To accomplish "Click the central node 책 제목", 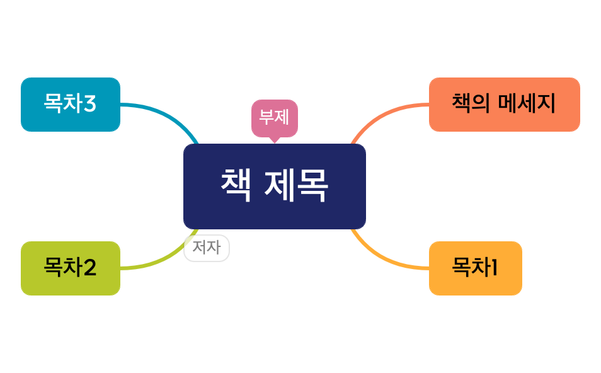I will click(274, 186).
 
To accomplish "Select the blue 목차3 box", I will click(70, 105).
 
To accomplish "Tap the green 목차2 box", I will click(70, 268).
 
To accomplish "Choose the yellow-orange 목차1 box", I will click(475, 268).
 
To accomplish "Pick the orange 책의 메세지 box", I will click(504, 105).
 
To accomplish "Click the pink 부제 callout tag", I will click(274, 117).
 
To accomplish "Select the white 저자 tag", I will click(207, 248).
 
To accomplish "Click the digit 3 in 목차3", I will click(89, 104).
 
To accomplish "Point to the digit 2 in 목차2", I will click(89, 268).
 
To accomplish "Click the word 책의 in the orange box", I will click(471, 104).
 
